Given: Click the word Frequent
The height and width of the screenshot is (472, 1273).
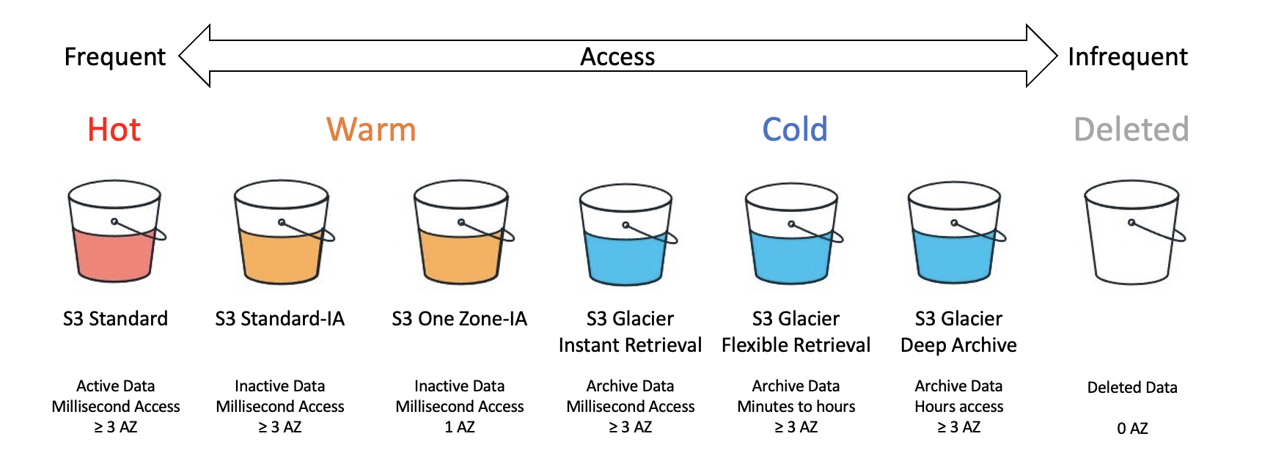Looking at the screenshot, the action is [x=115, y=57].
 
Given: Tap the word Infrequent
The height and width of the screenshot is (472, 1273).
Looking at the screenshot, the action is [x=1128, y=57].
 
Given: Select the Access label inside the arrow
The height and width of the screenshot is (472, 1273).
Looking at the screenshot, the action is [x=617, y=57].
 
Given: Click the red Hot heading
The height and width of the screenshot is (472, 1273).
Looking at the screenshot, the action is [x=114, y=130].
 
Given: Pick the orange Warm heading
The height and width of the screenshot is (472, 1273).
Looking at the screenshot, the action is [x=371, y=130].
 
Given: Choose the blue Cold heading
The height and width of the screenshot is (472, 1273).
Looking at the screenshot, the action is [x=795, y=130].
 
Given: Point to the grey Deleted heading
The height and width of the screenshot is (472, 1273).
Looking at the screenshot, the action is [x=1131, y=130].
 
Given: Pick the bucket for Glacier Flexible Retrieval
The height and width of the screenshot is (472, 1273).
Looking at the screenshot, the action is [x=793, y=233].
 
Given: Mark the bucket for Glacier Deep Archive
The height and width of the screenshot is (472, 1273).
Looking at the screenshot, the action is [x=956, y=233].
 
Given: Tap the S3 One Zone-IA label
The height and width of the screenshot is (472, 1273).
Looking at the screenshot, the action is [x=459, y=319].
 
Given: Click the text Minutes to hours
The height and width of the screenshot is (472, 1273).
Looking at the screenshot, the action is [x=796, y=407].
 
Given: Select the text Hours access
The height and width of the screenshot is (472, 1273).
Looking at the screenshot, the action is [x=959, y=407].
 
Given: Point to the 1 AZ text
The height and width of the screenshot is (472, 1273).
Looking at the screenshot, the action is [x=460, y=427].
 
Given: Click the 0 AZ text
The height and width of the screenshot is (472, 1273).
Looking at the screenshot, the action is [x=1132, y=429].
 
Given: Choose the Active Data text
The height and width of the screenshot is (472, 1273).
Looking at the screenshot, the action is [x=116, y=386].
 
